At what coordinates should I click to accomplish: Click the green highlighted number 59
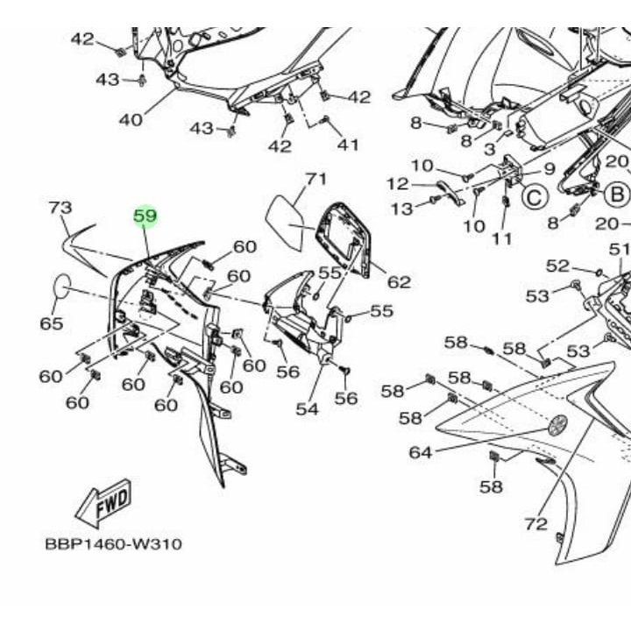(145, 216)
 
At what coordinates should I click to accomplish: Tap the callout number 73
(60, 208)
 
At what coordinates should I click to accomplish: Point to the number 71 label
(315, 180)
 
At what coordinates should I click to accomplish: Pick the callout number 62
(399, 281)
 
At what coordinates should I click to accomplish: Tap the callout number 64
(420, 452)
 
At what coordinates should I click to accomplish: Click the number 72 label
(535, 524)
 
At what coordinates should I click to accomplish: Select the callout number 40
(131, 119)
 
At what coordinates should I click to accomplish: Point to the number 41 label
(348, 144)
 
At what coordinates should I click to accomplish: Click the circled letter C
(535, 198)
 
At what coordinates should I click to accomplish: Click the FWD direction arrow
(104, 503)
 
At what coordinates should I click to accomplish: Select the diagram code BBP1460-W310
(113, 544)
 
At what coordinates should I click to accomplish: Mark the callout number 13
(401, 209)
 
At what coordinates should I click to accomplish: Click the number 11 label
(501, 238)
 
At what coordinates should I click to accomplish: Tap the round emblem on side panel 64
(557, 426)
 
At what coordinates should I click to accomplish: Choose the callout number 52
(558, 266)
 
